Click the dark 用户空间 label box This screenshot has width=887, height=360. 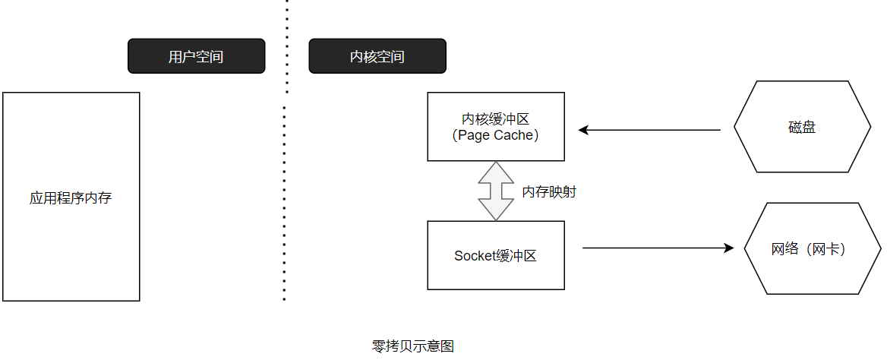[x=196, y=56]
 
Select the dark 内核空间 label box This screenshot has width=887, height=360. [x=377, y=56]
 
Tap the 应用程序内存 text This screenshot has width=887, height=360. [x=71, y=199]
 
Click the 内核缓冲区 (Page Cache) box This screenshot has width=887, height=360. [x=496, y=127]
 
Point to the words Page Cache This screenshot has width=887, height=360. [x=496, y=136]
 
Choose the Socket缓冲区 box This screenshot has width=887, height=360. [x=496, y=255]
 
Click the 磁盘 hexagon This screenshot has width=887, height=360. [x=802, y=127]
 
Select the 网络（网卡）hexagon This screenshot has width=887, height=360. [x=813, y=248]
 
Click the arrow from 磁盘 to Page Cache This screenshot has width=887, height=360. [x=649, y=130]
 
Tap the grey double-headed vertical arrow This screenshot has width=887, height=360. [x=496, y=191]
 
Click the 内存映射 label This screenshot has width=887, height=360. [x=549, y=192]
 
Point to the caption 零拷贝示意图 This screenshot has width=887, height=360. [x=413, y=346]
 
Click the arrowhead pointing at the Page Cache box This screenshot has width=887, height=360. [x=584, y=130]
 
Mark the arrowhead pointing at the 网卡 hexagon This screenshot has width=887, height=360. [x=728, y=248]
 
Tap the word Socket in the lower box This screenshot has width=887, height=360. [x=475, y=256]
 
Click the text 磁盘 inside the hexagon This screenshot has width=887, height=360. [x=802, y=128]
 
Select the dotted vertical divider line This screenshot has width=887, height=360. [x=286, y=150]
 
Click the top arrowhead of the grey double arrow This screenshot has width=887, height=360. [x=496, y=172]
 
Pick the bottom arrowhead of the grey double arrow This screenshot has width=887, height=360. [x=496, y=210]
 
